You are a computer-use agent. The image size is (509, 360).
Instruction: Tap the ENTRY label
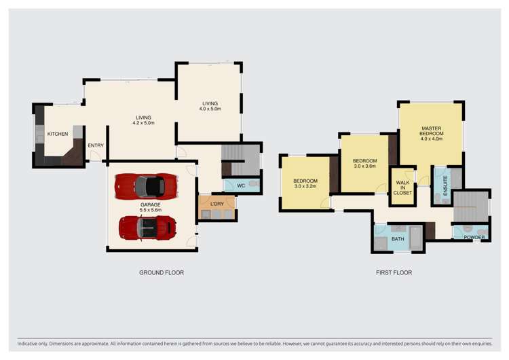(96, 145)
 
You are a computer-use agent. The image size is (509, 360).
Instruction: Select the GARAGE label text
(150, 204)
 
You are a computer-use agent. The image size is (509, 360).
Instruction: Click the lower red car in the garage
(147, 228)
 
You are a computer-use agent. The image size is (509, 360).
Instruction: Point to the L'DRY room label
(217, 204)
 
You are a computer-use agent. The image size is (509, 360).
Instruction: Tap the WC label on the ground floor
(240, 185)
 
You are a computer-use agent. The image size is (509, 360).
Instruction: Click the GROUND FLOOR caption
(162, 272)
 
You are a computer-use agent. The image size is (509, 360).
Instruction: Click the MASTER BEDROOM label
(432, 131)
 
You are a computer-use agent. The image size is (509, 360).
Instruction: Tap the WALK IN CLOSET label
(402, 187)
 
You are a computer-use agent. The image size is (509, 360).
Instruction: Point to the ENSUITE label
(445, 186)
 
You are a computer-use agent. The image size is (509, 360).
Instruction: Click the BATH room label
(398, 239)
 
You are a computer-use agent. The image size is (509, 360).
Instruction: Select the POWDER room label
(474, 237)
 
